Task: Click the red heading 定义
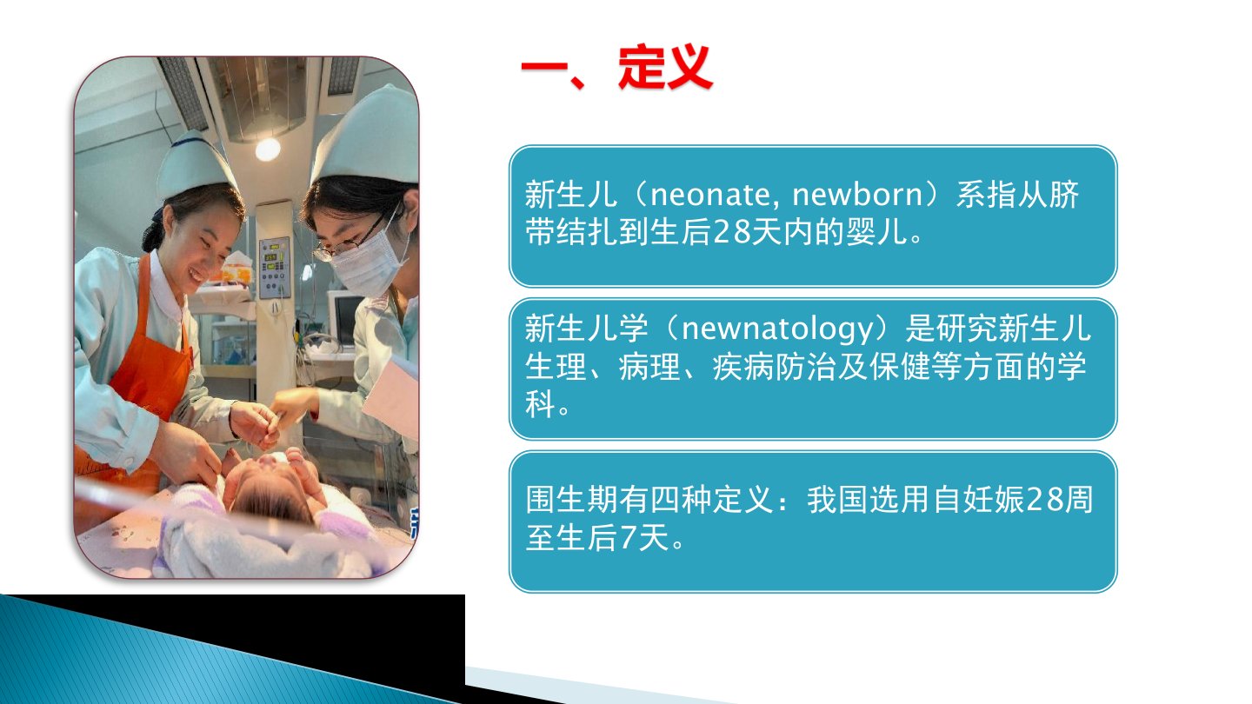(665, 66)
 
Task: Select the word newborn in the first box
(857, 195)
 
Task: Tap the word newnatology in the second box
(777, 329)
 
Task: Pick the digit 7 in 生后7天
(629, 537)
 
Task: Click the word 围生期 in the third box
(572, 499)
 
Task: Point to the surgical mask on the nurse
(368, 262)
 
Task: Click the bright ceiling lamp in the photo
(268, 149)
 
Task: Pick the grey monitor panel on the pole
(274, 267)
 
